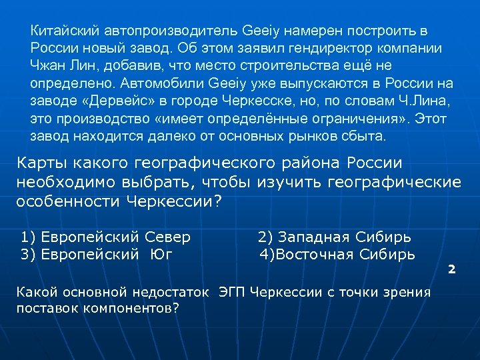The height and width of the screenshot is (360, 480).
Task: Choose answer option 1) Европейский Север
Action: point(106,237)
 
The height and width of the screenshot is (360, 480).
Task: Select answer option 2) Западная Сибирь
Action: point(334,237)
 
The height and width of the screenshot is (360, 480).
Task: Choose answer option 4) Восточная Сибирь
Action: point(337,254)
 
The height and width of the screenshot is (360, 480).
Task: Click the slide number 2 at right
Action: point(451,269)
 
